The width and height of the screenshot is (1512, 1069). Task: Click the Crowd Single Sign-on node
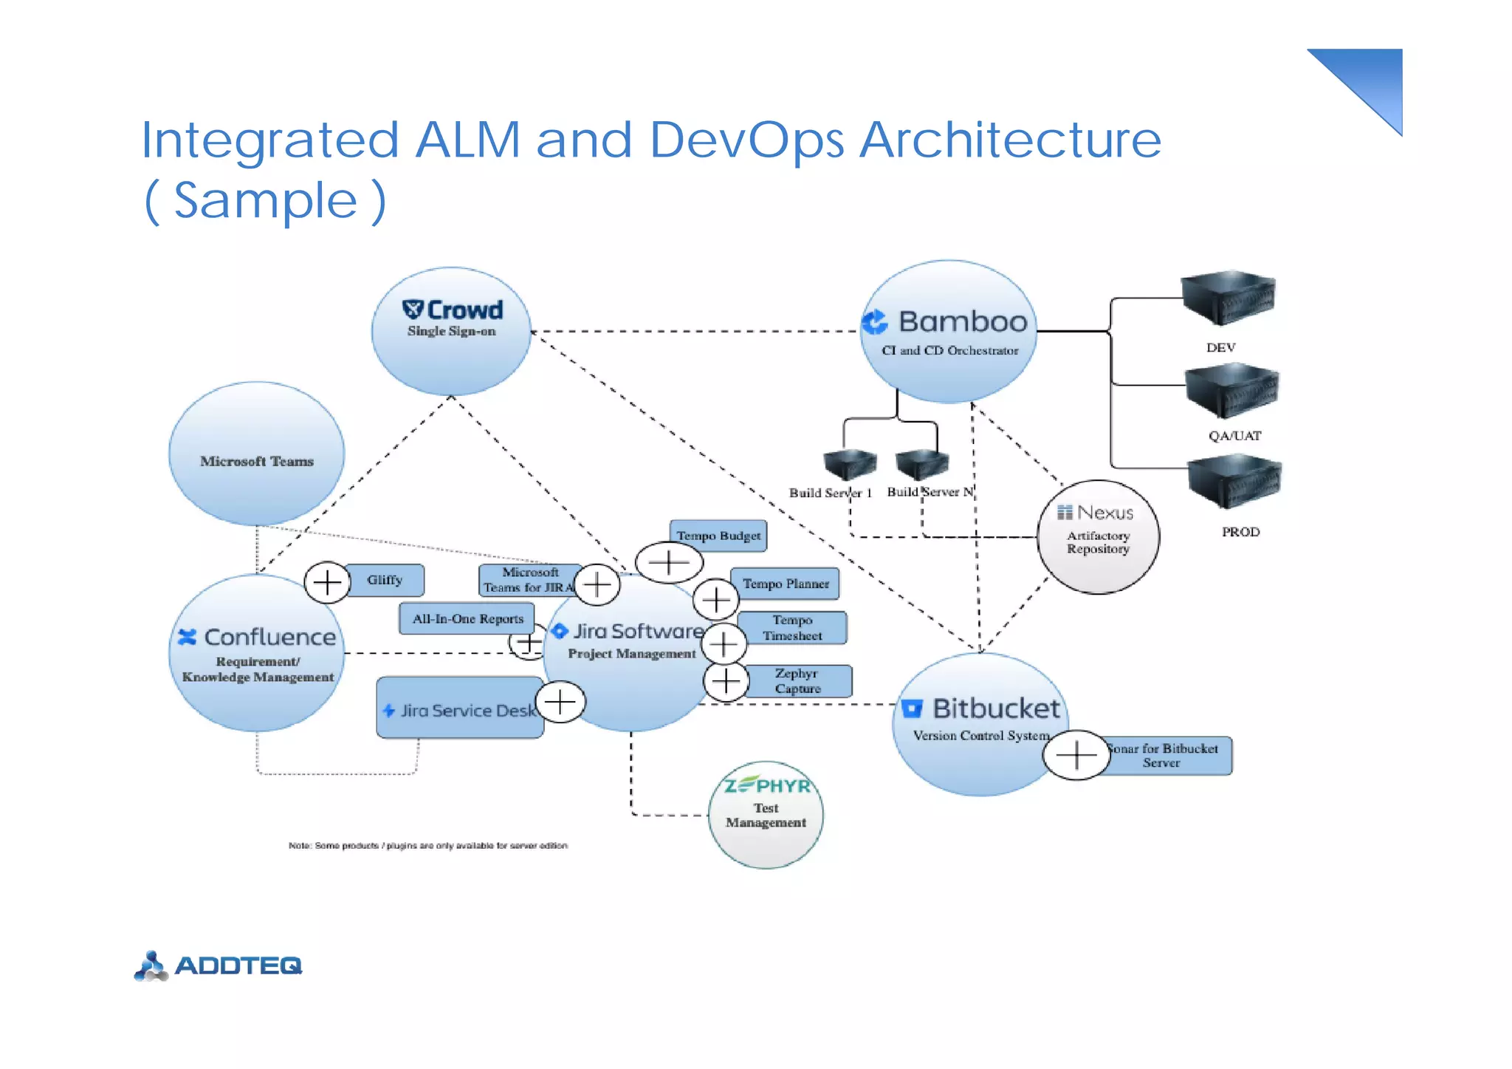[451, 332]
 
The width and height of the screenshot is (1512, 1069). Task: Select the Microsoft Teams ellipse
[256, 454]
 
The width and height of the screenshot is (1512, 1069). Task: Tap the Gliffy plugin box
[385, 580]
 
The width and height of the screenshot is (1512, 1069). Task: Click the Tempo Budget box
[718, 536]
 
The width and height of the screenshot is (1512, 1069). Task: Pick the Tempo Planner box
[786, 584]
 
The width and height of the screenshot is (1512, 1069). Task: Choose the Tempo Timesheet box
[792, 628]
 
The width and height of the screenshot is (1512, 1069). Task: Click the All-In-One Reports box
[467, 618]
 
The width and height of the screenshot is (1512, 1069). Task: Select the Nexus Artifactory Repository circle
[1098, 537]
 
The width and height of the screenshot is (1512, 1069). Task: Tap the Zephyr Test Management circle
[766, 815]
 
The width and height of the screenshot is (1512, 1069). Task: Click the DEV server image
[1228, 298]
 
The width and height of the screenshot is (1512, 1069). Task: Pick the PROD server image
[1234, 482]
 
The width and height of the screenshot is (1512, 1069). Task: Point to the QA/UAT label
[1234, 436]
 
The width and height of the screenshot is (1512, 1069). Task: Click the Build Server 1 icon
[850, 464]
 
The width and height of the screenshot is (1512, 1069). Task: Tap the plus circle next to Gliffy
[327, 583]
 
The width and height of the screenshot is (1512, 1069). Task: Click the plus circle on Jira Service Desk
[560, 702]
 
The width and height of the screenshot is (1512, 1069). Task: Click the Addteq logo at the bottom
[219, 966]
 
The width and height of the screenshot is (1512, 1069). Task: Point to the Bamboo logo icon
[876, 322]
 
